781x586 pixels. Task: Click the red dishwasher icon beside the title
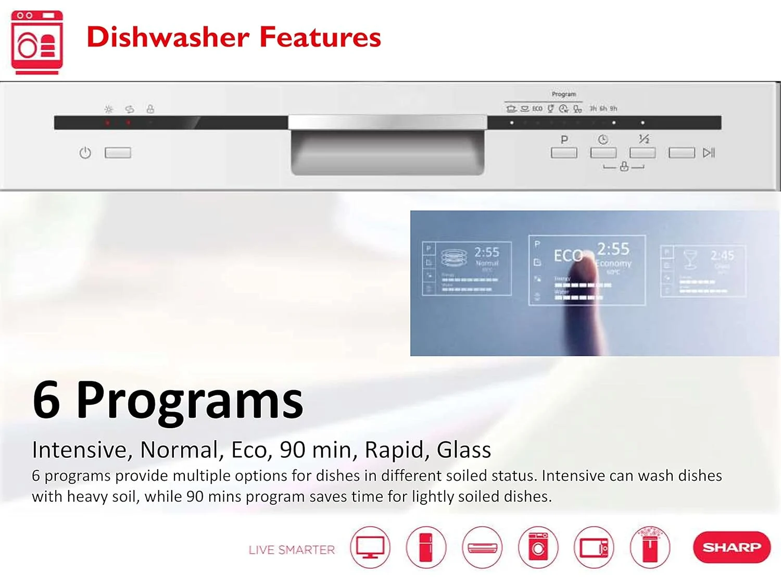pos(37,42)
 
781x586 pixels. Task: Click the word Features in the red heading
pos(320,38)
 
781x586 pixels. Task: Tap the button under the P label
pos(564,153)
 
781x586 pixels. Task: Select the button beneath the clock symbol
pos(603,153)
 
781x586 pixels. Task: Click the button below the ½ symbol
pos(643,153)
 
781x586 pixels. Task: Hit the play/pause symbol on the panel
pos(709,153)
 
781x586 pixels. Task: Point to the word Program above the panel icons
pos(564,94)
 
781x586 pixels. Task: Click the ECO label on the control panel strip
pos(537,109)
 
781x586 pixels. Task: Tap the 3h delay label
pos(593,109)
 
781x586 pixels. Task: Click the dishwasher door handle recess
pos(387,153)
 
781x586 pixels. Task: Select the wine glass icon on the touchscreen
pos(690,258)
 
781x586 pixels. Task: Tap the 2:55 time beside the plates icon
pos(486,252)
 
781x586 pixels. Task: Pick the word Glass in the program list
pos(463,450)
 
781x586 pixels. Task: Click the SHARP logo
pos(732,547)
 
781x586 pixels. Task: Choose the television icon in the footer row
pos(370,547)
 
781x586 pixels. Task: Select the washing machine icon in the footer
pos(538,547)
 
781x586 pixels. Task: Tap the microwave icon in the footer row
pos(594,547)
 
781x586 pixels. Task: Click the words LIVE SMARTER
pos(292,550)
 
